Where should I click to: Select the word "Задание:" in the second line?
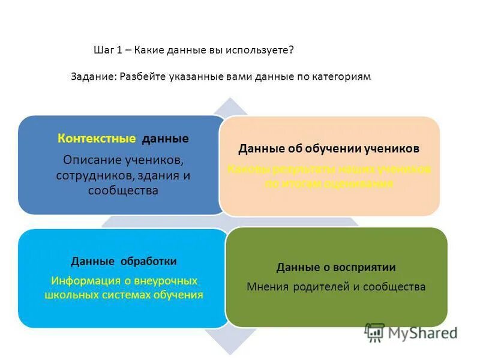pos(93,77)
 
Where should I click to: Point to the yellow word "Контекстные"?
pos(97,139)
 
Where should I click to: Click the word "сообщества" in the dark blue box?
pos(123,191)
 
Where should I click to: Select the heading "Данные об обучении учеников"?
pos(329,148)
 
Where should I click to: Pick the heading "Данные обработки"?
pos(124,261)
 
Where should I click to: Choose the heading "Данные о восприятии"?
pos(336,267)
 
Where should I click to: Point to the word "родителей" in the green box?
pos(322,287)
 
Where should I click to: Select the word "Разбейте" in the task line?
pos(143,77)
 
